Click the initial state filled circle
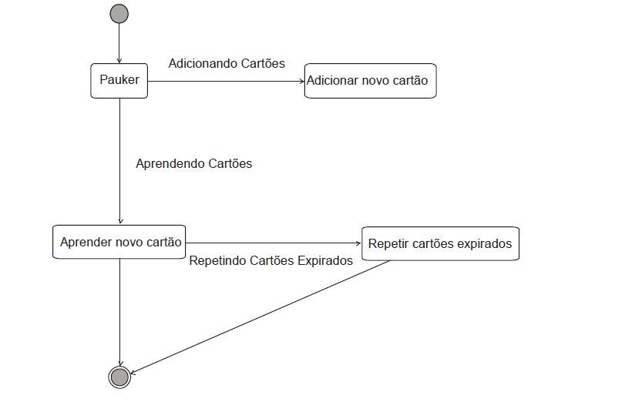pyautogui.click(x=119, y=14)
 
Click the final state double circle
pyautogui.click(x=119, y=377)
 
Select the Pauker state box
pyautogui.click(x=119, y=80)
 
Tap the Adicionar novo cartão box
pyautogui.click(x=370, y=80)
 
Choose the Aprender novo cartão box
pyautogui.click(x=120, y=243)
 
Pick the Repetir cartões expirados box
pyautogui.click(x=440, y=243)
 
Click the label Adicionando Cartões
pyautogui.click(x=227, y=63)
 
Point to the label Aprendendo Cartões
pyautogui.click(x=193, y=163)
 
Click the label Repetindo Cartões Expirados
pyautogui.click(x=270, y=260)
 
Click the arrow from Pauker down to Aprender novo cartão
pyautogui.click(x=119, y=162)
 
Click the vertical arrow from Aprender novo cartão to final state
pyautogui.click(x=119, y=308)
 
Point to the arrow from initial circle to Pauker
pyautogui.click(x=119, y=42)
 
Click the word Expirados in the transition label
pyautogui.click(x=324, y=260)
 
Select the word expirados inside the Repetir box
pyautogui.click(x=484, y=243)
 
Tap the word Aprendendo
pyautogui.click(x=170, y=163)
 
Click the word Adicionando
pyautogui.click(x=203, y=63)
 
